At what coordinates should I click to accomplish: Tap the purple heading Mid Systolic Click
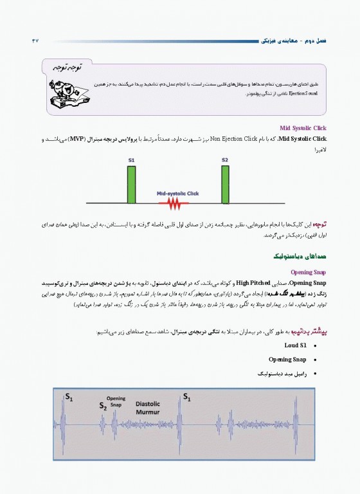coord(303,128)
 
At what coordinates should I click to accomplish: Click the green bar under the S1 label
coord(131,185)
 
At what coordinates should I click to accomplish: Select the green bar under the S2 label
coord(225,185)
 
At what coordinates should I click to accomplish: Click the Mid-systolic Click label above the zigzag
coord(178,193)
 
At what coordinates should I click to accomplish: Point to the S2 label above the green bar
coord(225,159)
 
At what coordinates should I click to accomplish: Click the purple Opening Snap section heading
coord(309,271)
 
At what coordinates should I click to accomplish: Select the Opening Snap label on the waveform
coord(116,401)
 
